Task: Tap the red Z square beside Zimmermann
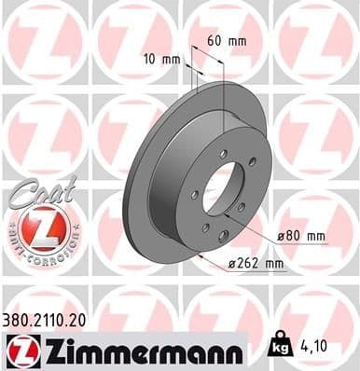click(19, 351)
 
